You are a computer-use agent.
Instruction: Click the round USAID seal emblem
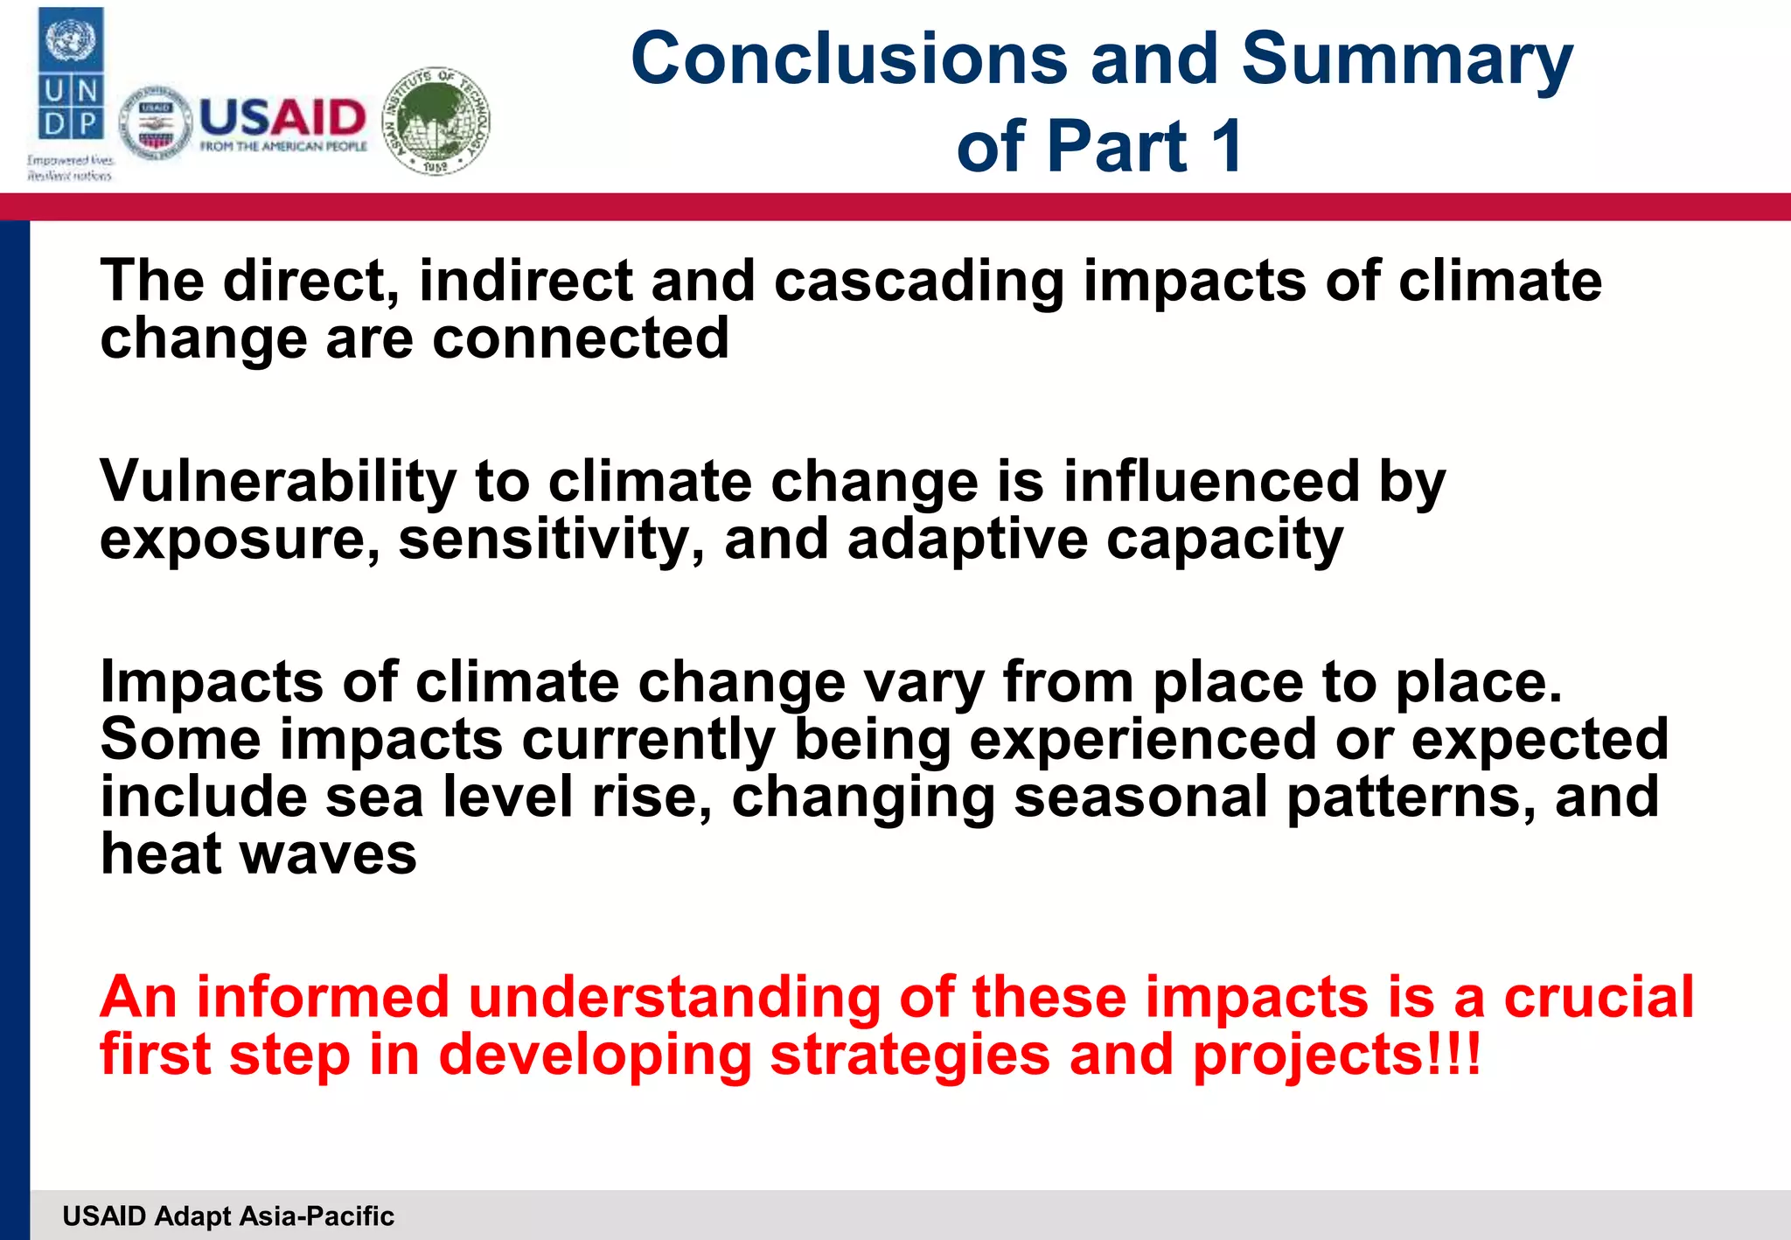(156, 123)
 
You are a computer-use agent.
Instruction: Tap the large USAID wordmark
(282, 117)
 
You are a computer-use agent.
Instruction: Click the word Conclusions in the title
(849, 59)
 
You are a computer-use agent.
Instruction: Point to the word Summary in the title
(1407, 59)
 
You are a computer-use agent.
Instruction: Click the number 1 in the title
(1228, 146)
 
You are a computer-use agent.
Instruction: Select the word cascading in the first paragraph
(919, 282)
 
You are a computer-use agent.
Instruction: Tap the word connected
(581, 338)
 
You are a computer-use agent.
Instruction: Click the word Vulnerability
(278, 482)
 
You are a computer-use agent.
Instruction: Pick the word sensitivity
(551, 540)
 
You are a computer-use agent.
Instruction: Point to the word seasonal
(1140, 797)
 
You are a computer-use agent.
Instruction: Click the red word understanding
(674, 998)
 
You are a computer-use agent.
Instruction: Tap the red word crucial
(1599, 998)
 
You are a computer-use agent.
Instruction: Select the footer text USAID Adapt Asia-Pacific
(228, 1216)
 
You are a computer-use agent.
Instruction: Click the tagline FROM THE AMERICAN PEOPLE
(283, 147)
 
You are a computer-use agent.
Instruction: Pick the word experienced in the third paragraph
(1143, 740)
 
